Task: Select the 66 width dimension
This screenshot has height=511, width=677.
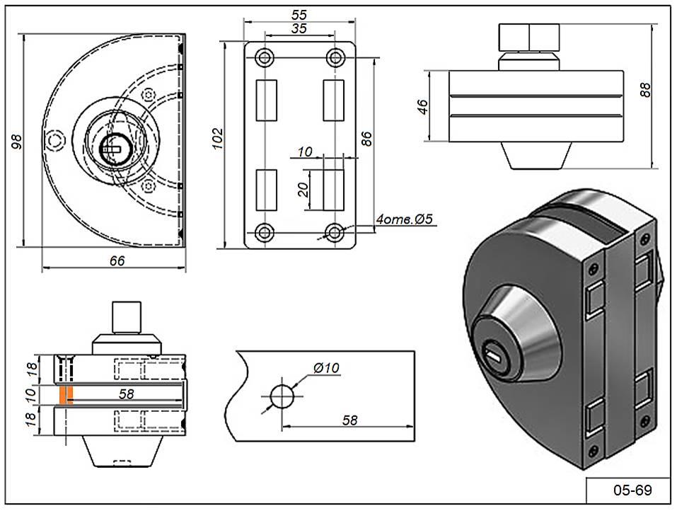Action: pyautogui.click(x=117, y=260)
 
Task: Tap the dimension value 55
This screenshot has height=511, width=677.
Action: pyautogui.click(x=300, y=13)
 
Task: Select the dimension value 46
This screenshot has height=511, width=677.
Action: pyautogui.click(x=422, y=107)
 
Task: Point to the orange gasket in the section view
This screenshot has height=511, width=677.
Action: pyautogui.click(x=65, y=396)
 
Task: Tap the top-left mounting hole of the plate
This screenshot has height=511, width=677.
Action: pyautogui.click(x=265, y=57)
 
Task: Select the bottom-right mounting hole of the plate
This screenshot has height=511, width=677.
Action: pyautogui.click(x=335, y=231)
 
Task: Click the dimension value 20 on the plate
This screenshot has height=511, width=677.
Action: pyautogui.click(x=303, y=190)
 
